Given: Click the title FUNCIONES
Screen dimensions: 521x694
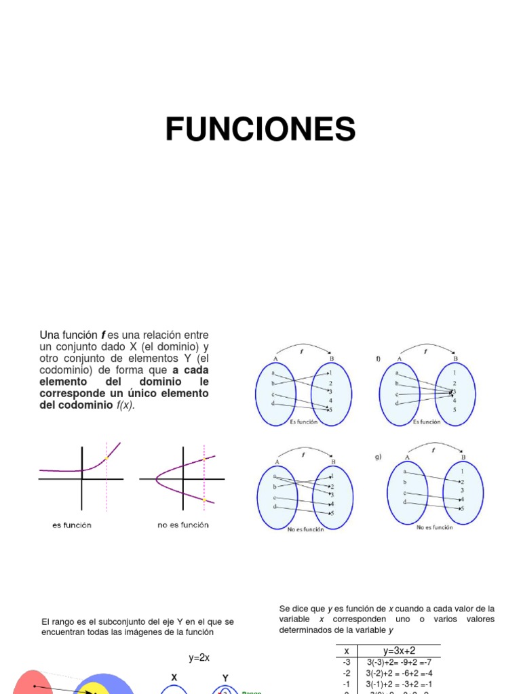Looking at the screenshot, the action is (x=260, y=129).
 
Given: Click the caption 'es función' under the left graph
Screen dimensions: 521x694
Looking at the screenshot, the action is (x=72, y=525).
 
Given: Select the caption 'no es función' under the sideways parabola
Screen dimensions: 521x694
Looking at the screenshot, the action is (x=183, y=525).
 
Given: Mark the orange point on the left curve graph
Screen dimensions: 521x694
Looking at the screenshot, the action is (x=107, y=459).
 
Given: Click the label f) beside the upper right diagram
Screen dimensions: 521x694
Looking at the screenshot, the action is (x=379, y=359).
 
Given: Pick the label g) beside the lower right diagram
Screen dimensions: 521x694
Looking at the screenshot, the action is (x=379, y=457).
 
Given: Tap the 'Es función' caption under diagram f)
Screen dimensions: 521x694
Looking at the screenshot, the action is (x=426, y=422).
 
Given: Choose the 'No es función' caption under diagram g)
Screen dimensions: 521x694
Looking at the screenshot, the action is (x=434, y=527).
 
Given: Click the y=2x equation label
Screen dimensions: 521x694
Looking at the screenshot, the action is (x=199, y=658).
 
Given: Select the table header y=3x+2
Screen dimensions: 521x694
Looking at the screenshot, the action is (x=400, y=651).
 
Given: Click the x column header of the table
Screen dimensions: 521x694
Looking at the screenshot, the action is (x=347, y=651).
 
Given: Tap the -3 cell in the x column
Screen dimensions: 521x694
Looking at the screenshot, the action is (x=347, y=662).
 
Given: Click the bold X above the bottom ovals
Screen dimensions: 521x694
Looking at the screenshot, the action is (x=174, y=677).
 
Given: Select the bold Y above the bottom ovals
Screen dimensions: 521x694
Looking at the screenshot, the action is (x=225, y=677).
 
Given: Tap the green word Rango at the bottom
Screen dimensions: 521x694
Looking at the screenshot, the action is (x=252, y=693).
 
